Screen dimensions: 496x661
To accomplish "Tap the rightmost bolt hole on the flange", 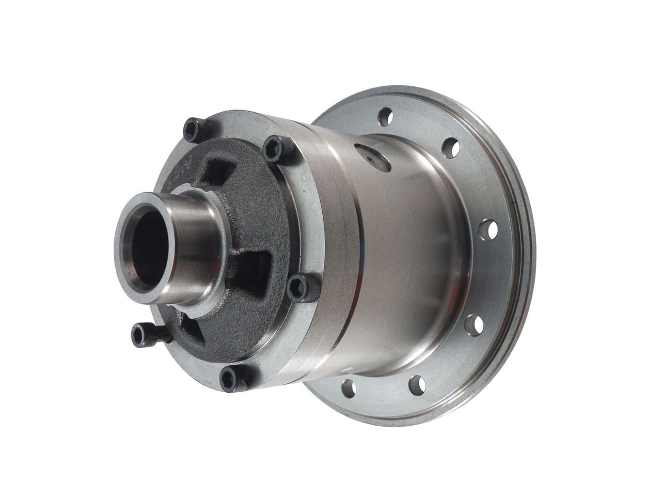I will click(489, 228).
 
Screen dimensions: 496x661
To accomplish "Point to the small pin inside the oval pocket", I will click(370, 161).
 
